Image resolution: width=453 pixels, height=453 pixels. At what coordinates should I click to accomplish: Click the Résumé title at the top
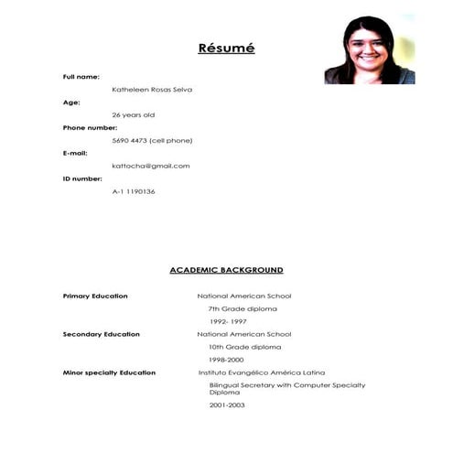[x=226, y=48]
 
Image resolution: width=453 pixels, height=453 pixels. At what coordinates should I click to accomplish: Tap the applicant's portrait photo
[x=369, y=49]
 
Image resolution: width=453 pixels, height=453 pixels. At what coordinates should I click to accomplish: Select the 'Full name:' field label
[x=81, y=76]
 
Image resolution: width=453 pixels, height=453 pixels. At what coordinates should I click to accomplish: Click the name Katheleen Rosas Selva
[x=152, y=89]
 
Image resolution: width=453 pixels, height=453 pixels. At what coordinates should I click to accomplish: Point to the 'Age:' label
[x=72, y=102]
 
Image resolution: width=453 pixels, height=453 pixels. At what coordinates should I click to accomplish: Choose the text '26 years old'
[x=133, y=114]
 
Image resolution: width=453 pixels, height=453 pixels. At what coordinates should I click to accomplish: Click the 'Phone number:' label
[x=90, y=127]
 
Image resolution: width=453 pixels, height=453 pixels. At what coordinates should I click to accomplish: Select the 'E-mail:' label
[x=75, y=153]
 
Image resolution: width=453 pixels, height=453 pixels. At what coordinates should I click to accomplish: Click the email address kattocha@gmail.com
[x=150, y=166]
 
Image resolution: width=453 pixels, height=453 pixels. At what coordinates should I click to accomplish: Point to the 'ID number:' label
[x=82, y=178]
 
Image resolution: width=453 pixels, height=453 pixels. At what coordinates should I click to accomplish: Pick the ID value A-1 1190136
[x=134, y=191]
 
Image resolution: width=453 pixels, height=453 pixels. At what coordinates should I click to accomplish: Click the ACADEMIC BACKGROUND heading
[x=226, y=270]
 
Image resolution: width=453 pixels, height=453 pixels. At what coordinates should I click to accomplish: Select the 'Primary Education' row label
[x=95, y=296]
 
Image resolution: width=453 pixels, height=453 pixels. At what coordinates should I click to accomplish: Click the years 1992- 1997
[x=228, y=321]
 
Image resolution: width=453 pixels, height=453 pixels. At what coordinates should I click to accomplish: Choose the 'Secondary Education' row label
[x=101, y=334]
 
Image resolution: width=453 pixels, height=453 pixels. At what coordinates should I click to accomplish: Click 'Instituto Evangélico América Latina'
[x=261, y=372]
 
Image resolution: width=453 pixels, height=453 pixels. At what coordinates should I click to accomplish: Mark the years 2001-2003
[x=227, y=404]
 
